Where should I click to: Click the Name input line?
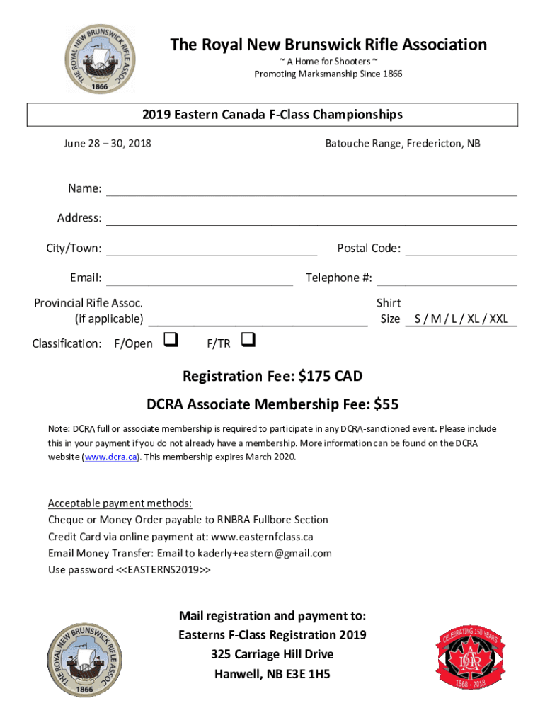click(x=311, y=190)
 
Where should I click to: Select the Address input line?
click(x=311, y=219)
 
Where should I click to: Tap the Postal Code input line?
click(x=461, y=249)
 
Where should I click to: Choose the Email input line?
click(x=200, y=279)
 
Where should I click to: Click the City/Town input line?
click(x=212, y=249)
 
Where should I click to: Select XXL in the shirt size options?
click(x=498, y=319)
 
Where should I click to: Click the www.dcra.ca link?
click(x=111, y=457)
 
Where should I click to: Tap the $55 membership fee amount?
click(x=386, y=404)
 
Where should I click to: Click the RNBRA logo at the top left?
click(x=99, y=59)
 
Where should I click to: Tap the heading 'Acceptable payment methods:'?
click(x=120, y=503)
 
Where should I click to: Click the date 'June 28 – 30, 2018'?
click(x=108, y=144)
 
